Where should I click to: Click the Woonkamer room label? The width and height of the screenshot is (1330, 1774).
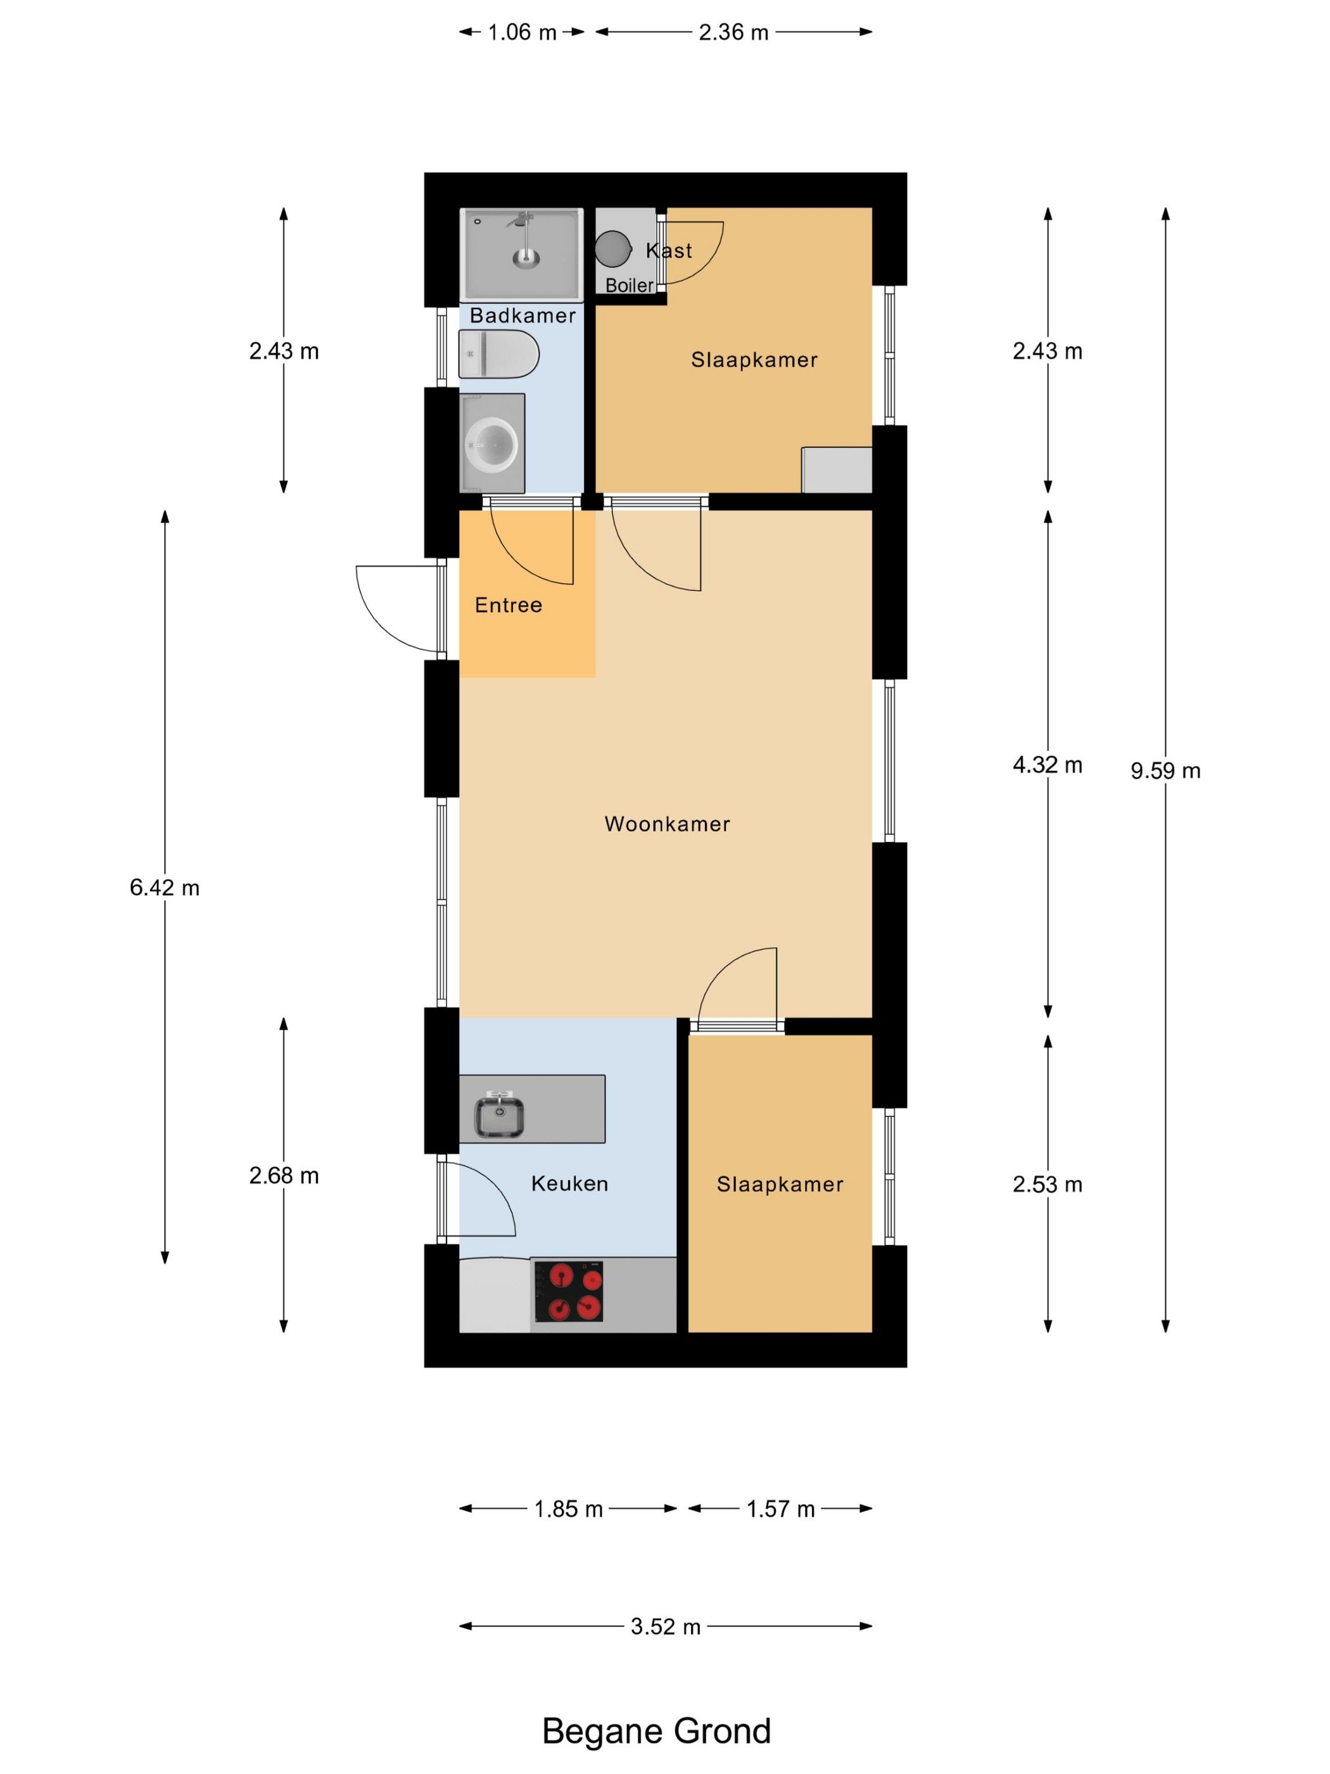[x=667, y=824]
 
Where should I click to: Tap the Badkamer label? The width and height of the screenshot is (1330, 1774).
[x=522, y=315]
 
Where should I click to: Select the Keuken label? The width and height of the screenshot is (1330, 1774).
[x=569, y=1184]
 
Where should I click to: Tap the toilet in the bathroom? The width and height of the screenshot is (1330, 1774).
[x=498, y=354]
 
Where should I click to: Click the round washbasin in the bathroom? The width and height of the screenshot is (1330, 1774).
[x=491, y=443]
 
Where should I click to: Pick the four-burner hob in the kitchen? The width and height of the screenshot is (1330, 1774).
[x=568, y=1291]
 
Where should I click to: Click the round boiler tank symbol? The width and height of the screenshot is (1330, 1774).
[x=612, y=248]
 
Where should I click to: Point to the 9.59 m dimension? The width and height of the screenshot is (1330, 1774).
[x=1165, y=770]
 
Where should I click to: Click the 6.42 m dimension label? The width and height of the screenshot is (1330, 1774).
[x=164, y=888]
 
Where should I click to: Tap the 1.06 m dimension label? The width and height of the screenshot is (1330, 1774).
[x=522, y=32]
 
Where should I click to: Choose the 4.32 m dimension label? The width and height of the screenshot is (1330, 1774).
[x=1047, y=765]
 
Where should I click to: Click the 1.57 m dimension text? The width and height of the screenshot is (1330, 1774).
[x=780, y=1509]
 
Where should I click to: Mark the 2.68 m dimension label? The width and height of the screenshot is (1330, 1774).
[x=284, y=1176]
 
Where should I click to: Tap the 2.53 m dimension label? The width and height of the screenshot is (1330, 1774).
[x=1047, y=1185]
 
